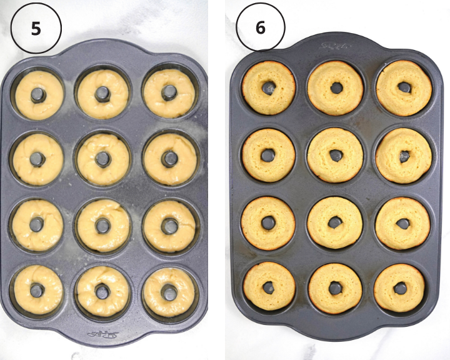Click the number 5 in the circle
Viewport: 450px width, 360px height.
36,28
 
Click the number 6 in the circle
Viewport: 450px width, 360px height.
260,28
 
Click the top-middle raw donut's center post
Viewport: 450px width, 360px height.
103,94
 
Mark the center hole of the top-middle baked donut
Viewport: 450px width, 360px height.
336,88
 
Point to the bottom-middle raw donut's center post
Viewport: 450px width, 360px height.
103,291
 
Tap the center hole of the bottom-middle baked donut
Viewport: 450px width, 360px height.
336,288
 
